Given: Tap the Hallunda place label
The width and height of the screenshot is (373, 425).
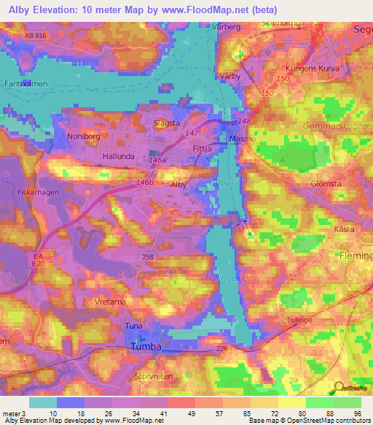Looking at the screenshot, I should [x=119, y=156].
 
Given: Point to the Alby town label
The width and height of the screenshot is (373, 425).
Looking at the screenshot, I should [x=178, y=185].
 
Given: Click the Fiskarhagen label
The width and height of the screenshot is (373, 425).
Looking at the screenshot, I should [x=36, y=192].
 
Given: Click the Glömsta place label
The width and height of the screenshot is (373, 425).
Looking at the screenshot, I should [x=326, y=183].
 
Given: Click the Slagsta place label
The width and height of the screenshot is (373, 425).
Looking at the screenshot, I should [x=166, y=123].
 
